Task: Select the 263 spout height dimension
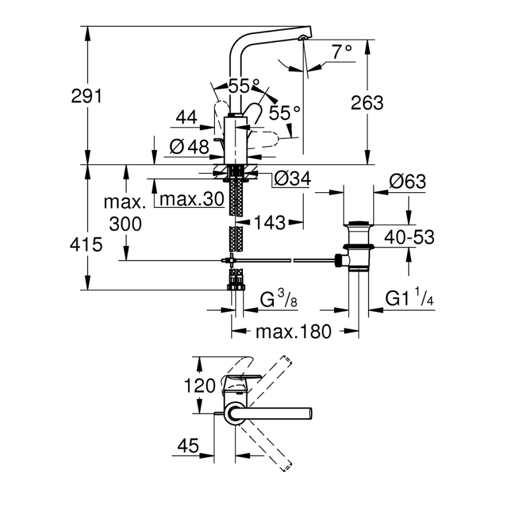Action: coord(367,102)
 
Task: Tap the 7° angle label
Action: coord(342,53)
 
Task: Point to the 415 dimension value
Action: coord(87,244)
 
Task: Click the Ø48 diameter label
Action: coord(190,147)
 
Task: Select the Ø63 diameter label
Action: coord(407,182)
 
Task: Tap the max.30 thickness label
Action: coord(192,199)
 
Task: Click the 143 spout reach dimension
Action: coord(270,222)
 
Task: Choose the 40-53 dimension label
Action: coord(409,237)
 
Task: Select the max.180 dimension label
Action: coord(293,332)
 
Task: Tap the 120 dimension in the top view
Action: coord(200,386)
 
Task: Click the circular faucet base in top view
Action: coord(235,414)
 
